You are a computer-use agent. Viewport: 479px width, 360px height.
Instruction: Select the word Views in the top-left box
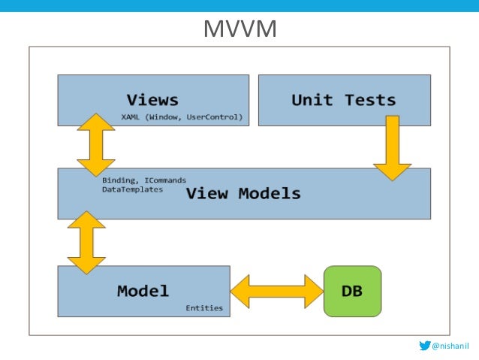click(x=152, y=99)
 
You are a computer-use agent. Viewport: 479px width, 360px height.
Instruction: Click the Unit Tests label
click(x=343, y=99)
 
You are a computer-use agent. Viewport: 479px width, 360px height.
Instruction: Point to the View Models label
click(x=243, y=193)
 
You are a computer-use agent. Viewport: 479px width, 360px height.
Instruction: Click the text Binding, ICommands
click(x=143, y=180)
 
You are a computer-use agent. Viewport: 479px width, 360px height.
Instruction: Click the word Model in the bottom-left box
click(x=143, y=290)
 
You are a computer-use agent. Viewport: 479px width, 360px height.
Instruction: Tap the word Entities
click(x=204, y=307)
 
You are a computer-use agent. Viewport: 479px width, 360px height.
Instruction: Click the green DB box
click(x=352, y=290)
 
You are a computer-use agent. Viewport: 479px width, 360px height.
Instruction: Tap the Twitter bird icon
click(x=426, y=346)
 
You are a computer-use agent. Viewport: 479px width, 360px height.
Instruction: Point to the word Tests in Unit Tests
click(x=369, y=99)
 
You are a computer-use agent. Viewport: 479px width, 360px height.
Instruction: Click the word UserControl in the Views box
click(x=220, y=117)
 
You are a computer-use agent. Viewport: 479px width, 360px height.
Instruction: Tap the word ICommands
click(x=165, y=180)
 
